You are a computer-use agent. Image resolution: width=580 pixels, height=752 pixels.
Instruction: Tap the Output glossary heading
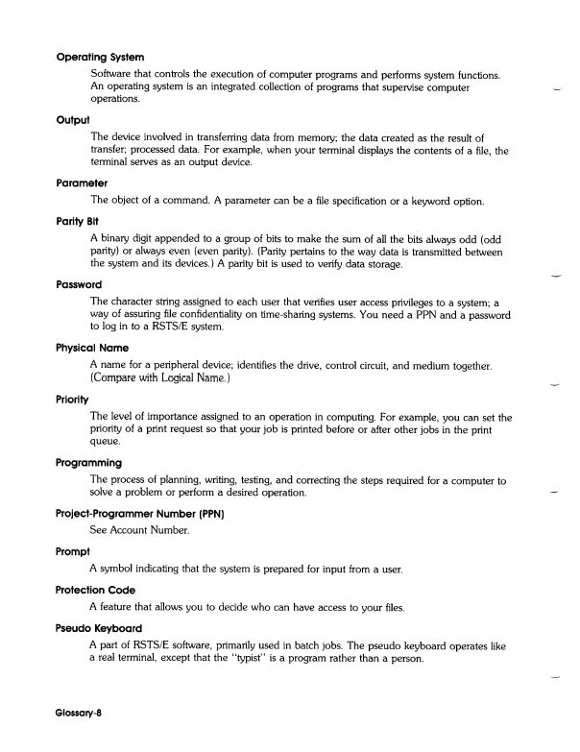click(x=73, y=120)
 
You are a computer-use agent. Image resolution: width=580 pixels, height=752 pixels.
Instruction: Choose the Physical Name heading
click(x=98, y=347)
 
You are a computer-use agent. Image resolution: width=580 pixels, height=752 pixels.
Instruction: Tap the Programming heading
click(x=95, y=461)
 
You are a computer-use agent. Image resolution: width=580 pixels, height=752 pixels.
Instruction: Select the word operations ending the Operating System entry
click(x=116, y=99)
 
